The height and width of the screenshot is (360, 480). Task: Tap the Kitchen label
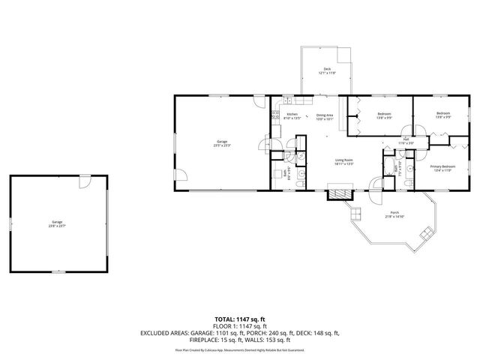click(292, 114)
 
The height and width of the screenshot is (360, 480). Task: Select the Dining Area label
click(324, 114)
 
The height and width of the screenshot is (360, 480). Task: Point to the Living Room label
click(343, 160)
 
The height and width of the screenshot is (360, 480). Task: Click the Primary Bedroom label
click(442, 166)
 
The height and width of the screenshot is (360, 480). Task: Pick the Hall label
click(406, 139)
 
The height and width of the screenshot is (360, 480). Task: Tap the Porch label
click(394, 213)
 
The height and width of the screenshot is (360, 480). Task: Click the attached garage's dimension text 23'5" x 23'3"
click(222, 144)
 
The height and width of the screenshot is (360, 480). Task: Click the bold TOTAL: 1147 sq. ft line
click(241, 319)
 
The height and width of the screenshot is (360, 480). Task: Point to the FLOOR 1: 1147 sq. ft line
click(241, 326)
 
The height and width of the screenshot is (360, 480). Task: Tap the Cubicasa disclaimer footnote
click(241, 349)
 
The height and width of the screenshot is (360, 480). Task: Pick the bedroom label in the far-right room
click(443, 114)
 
